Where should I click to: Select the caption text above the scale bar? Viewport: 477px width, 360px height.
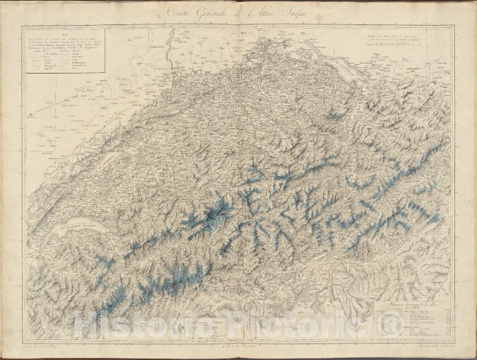[x=408, y=37]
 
